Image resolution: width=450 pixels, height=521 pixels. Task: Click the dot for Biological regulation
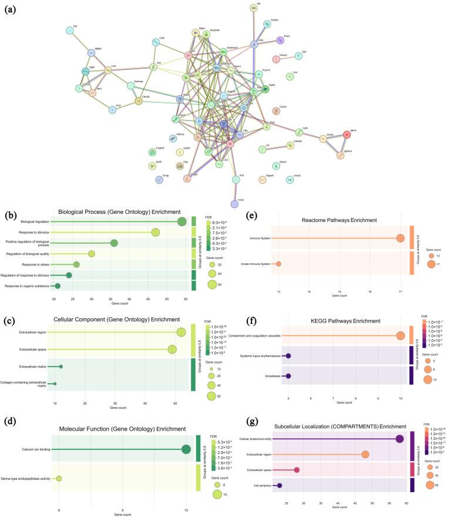point(182,221)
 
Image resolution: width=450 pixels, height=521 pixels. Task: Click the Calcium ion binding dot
point(186,449)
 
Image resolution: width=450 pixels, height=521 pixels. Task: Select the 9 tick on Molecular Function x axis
point(122,494)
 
